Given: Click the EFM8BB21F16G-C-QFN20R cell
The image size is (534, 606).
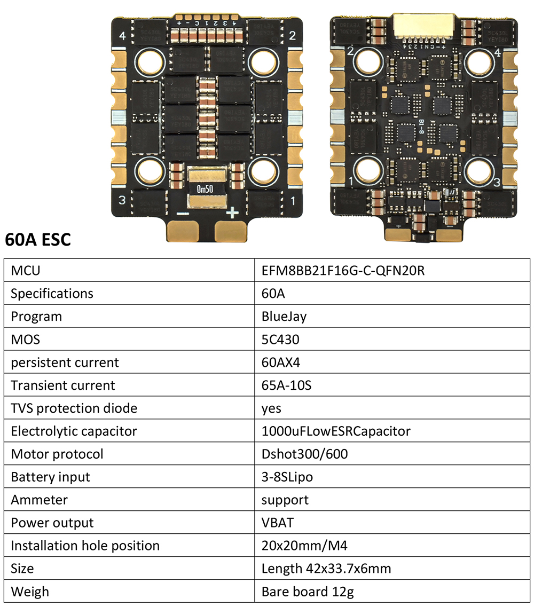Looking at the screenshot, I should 343,271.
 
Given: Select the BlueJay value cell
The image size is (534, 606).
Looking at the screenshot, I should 284,317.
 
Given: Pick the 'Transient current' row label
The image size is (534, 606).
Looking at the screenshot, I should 63,385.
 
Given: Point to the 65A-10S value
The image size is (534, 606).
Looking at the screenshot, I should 286,385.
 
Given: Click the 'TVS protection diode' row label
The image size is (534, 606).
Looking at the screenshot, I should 74,408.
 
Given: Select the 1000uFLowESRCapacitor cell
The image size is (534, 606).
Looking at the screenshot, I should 336,431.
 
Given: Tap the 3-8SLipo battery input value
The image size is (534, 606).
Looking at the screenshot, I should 287,477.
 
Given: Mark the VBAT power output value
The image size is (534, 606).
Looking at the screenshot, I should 277,523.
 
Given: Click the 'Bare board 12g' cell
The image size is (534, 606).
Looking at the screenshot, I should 308,592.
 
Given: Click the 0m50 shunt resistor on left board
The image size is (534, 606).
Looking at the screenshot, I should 206,189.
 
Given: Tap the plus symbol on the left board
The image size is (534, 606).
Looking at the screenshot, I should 232,214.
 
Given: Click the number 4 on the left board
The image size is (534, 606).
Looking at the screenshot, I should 123,36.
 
